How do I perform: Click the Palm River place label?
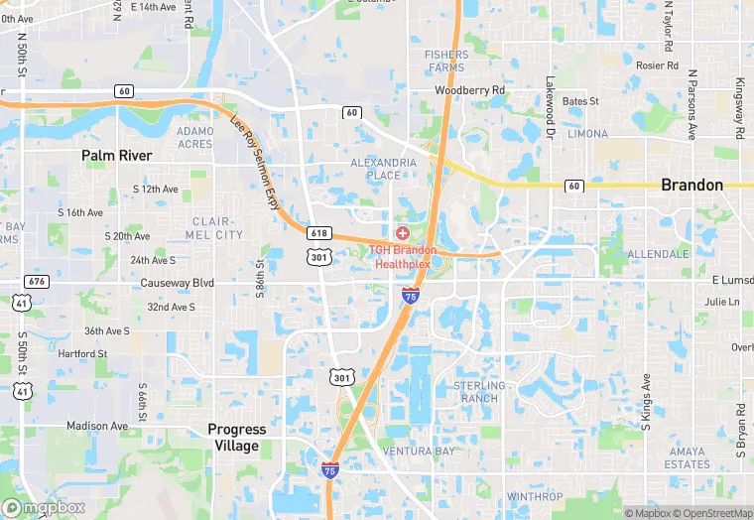point(117,156)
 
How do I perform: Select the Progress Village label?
point(237,438)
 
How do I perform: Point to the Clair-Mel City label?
point(213,228)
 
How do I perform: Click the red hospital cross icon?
point(402,232)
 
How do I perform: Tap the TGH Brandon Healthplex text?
point(403,258)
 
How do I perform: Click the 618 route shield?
point(318,232)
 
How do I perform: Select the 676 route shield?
point(37,282)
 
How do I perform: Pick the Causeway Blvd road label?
point(178,283)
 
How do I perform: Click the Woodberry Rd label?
point(470,90)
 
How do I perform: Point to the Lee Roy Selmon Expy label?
point(256,159)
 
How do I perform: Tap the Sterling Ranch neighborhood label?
point(479,392)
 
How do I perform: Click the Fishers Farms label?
point(444,62)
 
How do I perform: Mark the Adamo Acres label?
point(194,137)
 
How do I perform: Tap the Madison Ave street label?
point(97,426)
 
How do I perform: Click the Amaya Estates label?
point(688,457)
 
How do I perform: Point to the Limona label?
point(587,133)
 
